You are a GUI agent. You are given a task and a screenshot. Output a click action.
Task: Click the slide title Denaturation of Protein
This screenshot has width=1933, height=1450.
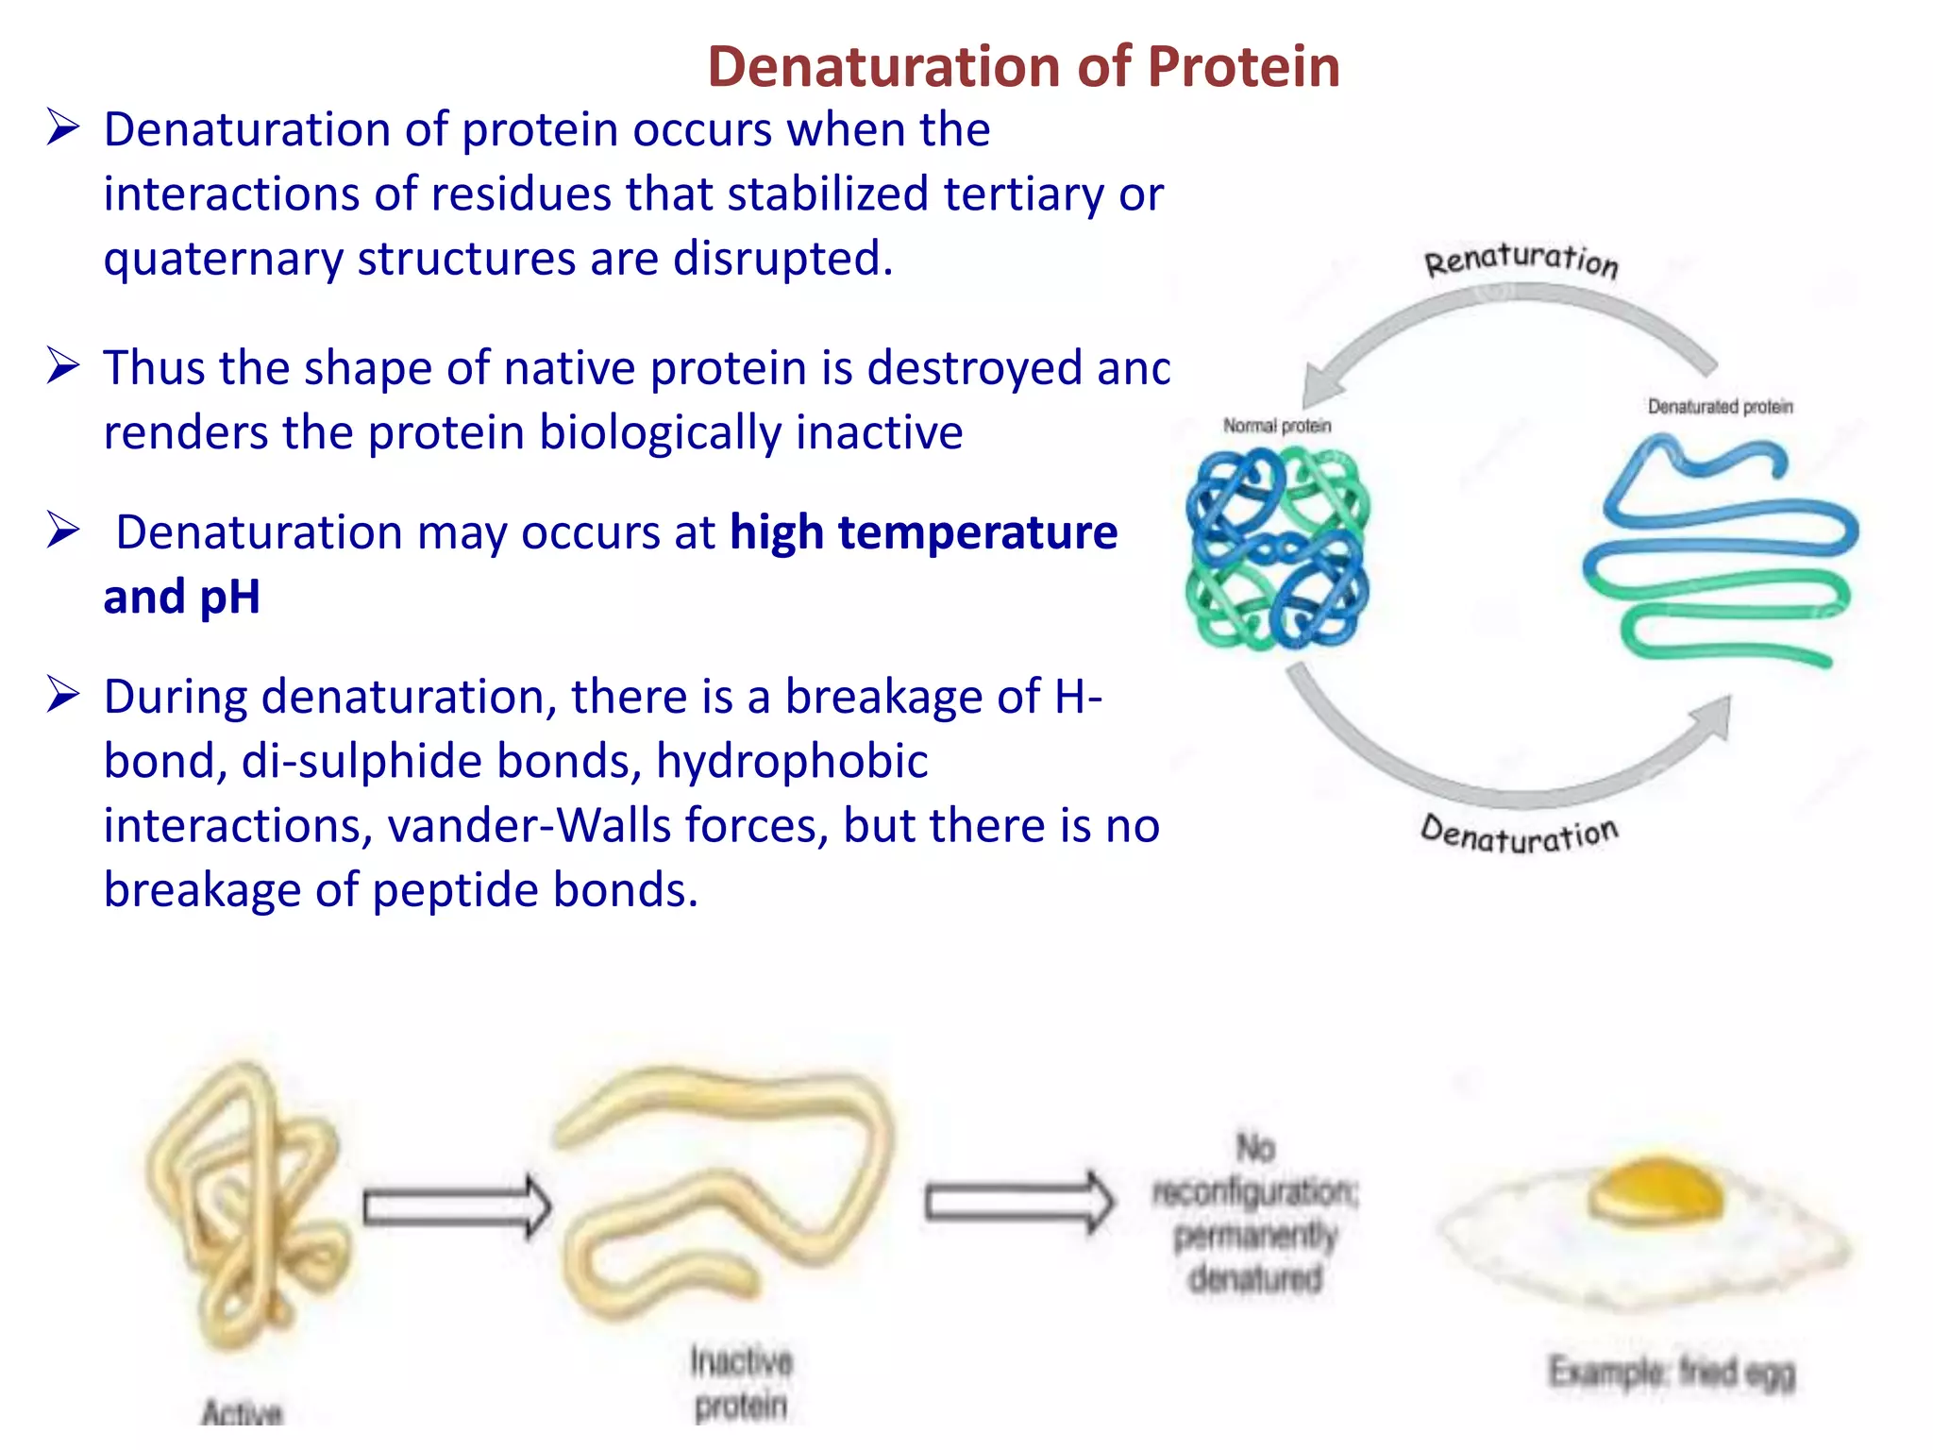pyautogui.click(x=1023, y=67)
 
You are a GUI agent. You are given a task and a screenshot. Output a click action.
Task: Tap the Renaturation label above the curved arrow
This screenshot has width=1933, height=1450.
pyautogui.click(x=1521, y=260)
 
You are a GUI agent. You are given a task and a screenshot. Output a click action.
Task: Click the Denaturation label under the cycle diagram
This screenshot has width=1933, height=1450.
pyautogui.click(x=1519, y=834)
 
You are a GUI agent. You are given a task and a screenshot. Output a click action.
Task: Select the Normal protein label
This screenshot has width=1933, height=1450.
pyautogui.click(x=1276, y=426)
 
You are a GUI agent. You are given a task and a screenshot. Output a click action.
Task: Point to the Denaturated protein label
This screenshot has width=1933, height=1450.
pyautogui.click(x=1720, y=407)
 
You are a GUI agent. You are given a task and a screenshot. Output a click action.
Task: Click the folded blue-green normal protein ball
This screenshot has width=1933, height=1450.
pyautogui.click(x=1277, y=548)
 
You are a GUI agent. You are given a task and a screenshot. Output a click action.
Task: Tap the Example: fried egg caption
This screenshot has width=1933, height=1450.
pyautogui.click(x=1671, y=1372)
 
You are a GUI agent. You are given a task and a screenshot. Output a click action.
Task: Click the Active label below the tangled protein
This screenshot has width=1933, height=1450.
pyautogui.click(x=243, y=1412)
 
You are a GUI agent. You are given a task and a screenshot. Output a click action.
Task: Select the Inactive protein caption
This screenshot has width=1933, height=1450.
pyautogui.click(x=741, y=1383)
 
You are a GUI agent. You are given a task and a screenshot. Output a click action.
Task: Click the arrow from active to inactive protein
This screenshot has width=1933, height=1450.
pyautogui.click(x=456, y=1206)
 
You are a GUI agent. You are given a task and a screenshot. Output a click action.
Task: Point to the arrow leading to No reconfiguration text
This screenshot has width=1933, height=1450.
pyautogui.click(x=1017, y=1202)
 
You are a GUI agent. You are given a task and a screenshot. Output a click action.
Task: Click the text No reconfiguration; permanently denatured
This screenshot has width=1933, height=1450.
pyautogui.click(x=1254, y=1214)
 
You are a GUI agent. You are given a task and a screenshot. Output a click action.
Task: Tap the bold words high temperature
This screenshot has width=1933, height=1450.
pyautogui.click(x=923, y=532)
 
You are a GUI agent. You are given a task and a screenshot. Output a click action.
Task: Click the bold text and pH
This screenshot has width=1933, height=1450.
pyautogui.click(x=181, y=597)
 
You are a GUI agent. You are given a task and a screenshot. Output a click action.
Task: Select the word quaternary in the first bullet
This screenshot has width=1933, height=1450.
pyautogui.click(x=223, y=259)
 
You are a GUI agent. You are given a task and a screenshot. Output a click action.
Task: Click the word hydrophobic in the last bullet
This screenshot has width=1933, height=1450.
pyautogui.click(x=791, y=761)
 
